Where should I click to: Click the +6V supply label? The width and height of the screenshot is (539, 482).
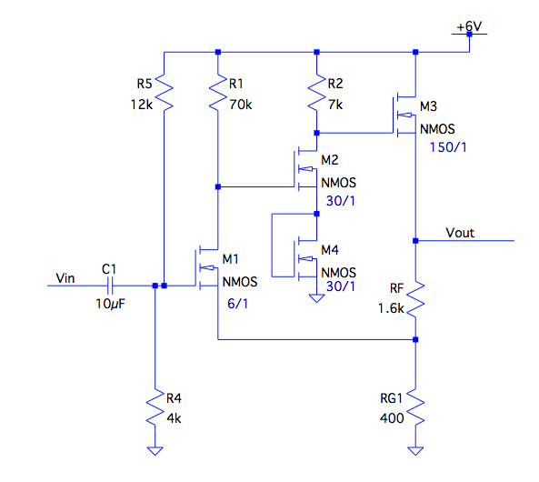(x=469, y=26)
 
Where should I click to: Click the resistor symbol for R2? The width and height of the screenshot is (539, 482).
(x=315, y=91)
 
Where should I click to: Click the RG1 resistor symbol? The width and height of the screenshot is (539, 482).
(x=414, y=407)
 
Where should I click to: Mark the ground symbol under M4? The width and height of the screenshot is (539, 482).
(x=315, y=296)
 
